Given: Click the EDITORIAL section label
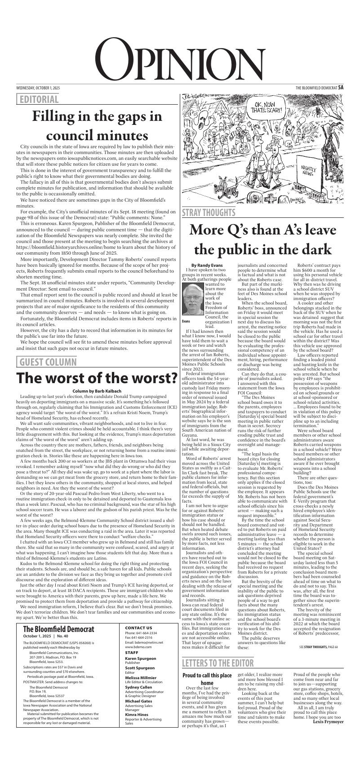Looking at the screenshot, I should coord(38,99).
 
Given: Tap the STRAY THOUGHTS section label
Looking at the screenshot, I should coord(209,212).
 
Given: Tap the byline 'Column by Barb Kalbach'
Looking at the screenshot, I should coord(97,392).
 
